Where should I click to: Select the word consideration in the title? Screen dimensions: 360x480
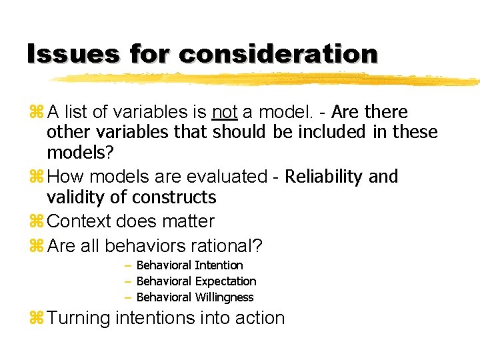pyautogui.click(x=279, y=53)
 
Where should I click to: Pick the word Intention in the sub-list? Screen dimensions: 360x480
pyautogui.click(x=218, y=265)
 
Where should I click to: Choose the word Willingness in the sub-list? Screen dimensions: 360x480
pyautogui.click(x=224, y=297)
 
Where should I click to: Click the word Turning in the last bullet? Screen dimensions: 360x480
pyautogui.click(x=79, y=319)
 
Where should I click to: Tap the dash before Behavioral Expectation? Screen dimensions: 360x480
pyautogui.click(x=127, y=281)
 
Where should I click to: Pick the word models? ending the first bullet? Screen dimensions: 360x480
pyautogui.click(x=80, y=153)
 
